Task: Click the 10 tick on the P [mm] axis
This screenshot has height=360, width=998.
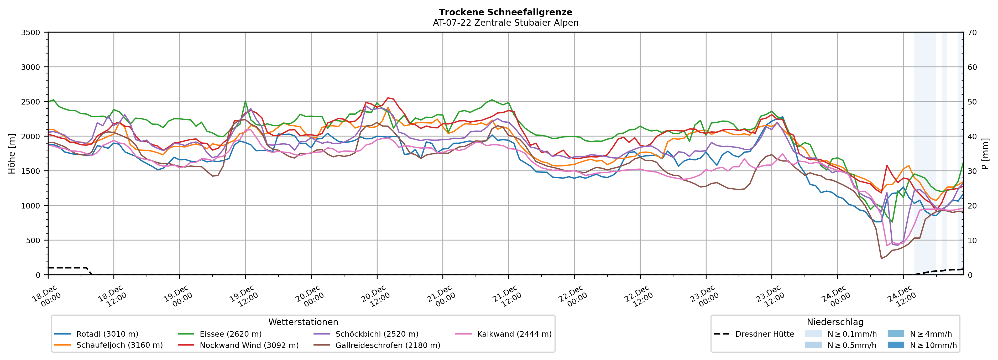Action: (972, 240)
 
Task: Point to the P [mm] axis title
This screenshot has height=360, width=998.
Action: (985, 153)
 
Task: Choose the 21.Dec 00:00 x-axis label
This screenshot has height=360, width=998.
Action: (441, 296)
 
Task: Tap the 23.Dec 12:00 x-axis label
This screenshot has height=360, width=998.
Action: (770, 296)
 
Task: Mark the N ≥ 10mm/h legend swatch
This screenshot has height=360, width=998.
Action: (895, 345)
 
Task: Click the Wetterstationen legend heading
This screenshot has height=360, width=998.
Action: (303, 322)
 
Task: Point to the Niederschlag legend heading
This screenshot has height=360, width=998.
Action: (835, 322)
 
